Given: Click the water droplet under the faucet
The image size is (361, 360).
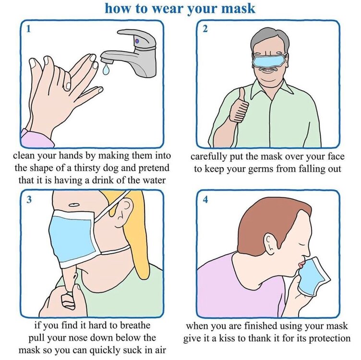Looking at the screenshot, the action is tap(106, 69).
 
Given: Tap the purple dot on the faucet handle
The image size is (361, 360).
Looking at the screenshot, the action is tap(137, 41).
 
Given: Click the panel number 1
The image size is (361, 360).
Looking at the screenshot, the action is tap(28, 29).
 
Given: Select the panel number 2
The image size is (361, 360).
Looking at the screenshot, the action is tap(205, 29).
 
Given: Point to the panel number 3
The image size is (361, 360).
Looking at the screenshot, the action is tap(28, 199).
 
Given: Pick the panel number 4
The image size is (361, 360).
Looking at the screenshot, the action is tap(205, 199).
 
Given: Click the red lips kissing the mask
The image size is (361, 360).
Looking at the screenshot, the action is tap(301, 264).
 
